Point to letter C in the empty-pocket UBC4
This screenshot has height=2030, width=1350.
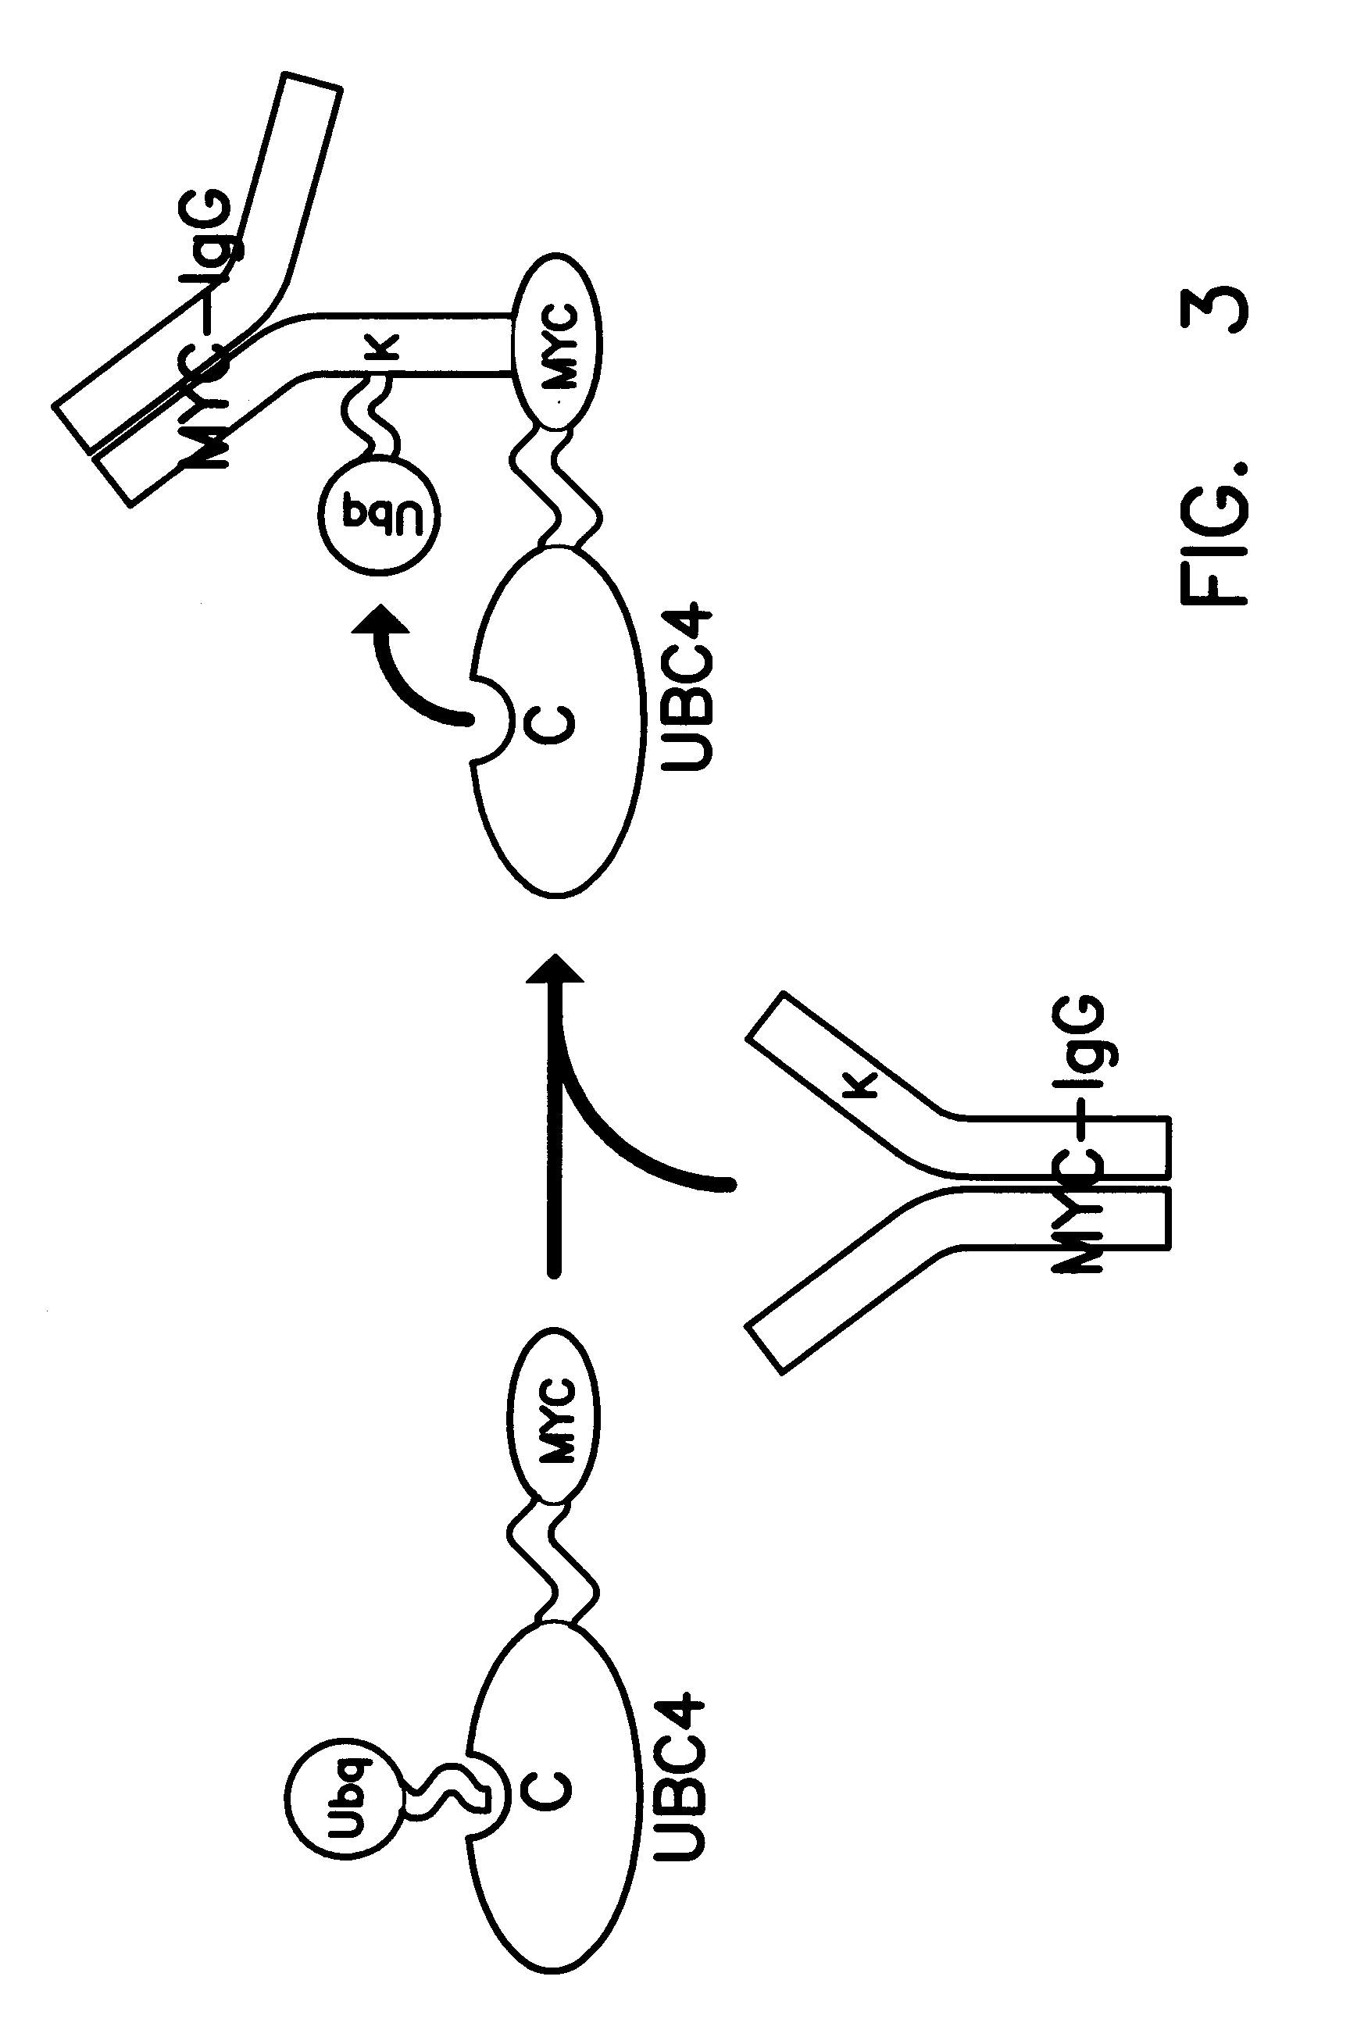pyautogui.click(x=558, y=722)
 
